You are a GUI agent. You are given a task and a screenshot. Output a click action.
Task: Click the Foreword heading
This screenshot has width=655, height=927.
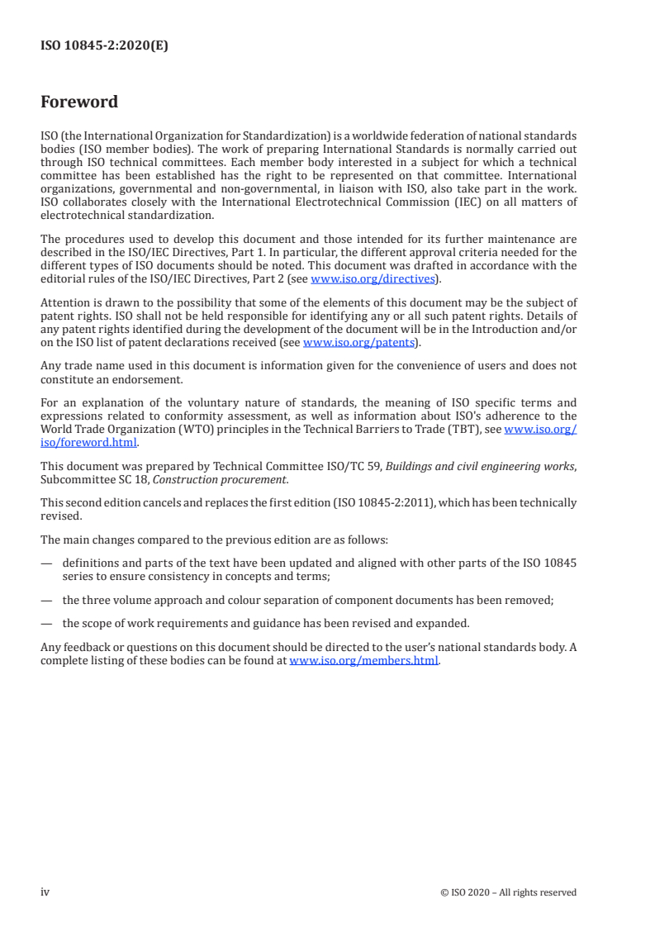(79, 102)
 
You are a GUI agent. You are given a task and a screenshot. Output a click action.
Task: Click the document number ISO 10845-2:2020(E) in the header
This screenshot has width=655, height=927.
(104, 46)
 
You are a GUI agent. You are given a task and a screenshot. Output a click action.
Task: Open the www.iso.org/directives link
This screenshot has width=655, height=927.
(373, 279)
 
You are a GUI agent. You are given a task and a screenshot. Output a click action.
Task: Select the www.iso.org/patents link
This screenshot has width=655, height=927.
(358, 342)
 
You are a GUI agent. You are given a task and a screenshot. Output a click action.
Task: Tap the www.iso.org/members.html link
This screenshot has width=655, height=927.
(363, 660)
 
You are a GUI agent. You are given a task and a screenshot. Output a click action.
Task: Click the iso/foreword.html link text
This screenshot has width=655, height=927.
(89, 442)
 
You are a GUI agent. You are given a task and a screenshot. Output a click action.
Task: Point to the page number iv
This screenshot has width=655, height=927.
(45, 891)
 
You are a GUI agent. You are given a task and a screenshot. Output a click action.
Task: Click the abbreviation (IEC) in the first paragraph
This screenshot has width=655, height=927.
(453, 202)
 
